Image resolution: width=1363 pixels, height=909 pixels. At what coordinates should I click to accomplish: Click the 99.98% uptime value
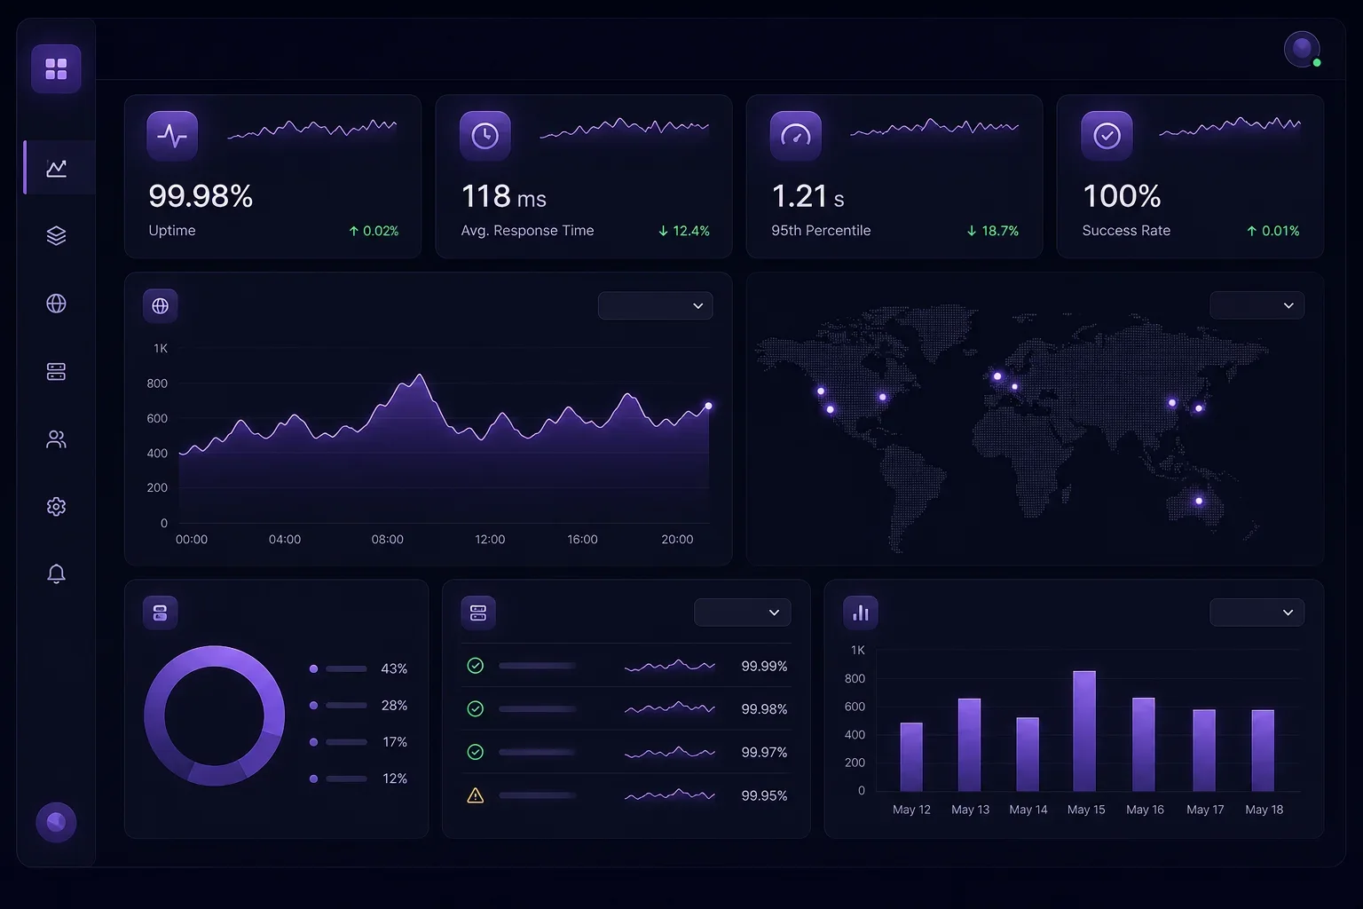pyautogui.click(x=201, y=196)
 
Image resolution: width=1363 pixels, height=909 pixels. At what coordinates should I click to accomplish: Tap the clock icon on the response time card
pyautogui.click(x=485, y=135)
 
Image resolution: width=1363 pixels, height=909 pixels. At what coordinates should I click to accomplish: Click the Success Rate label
pyautogui.click(x=1126, y=231)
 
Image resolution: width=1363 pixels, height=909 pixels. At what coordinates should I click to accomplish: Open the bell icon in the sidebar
pyautogui.click(x=56, y=573)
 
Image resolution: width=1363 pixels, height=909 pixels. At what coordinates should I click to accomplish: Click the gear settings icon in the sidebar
pyautogui.click(x=56, y=507)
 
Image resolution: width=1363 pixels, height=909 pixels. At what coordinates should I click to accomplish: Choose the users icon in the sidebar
pyautogui.click(x=56, y=439)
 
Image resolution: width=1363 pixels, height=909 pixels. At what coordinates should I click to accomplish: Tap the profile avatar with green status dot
pyautogui.click(x=1302, y=49)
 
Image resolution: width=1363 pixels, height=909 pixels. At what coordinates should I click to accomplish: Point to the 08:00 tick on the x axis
pyautogui.click(x=387, y=540)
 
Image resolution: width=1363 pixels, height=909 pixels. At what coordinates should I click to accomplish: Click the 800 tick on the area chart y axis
pyautogui.click(x=157, y=383)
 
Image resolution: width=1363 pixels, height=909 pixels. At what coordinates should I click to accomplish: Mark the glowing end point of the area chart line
pyautogui.click(x=708, y=406)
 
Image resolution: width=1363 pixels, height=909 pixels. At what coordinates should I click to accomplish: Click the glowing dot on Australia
pyautogui.click(x=1199, y=501)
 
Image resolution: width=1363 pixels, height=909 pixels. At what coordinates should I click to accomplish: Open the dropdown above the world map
pyautogui.click(x=1257, y=305)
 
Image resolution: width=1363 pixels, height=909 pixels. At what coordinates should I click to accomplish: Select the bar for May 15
pyautogui.click(x=1084, y=731)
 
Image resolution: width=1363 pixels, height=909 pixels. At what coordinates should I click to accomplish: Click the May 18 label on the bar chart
pyautogui.click(x=1264, y=810)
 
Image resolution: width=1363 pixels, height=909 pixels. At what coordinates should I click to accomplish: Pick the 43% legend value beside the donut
pyautogui.click(x=394, y=668)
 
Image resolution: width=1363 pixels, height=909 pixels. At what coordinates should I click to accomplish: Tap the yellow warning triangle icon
pyautogui.click(x=476, y=795)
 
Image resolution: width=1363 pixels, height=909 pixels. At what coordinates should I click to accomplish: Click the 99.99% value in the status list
pyautogui.click(x=764, y=666)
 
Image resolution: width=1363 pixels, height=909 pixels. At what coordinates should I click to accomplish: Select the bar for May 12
pyautogui.click(x=911, y=757)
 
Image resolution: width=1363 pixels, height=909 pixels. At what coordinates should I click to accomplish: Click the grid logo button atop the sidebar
pyautogui.click(x=56, y=69)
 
